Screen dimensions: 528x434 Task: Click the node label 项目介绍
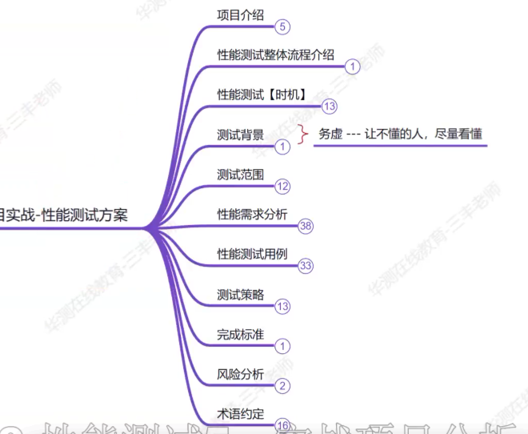[241, 14]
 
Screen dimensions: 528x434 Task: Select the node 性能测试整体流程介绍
[275, 54]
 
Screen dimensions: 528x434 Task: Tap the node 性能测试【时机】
[260, 94]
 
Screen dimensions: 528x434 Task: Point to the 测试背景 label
[240, 134]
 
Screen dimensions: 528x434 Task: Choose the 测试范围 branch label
[240, 174]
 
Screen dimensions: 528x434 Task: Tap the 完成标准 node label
[240, 334]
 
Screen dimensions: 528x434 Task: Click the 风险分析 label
[240, 373]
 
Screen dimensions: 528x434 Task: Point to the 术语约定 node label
[240, 412]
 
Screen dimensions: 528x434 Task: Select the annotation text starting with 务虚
[400, 134]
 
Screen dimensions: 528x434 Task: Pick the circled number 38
[305, 226]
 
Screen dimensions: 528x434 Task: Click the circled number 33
[305, 266]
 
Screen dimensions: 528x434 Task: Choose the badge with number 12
[282, 186]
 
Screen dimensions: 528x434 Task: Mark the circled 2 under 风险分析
[282, 386]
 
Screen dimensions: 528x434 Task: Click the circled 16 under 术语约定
[282, 424]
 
